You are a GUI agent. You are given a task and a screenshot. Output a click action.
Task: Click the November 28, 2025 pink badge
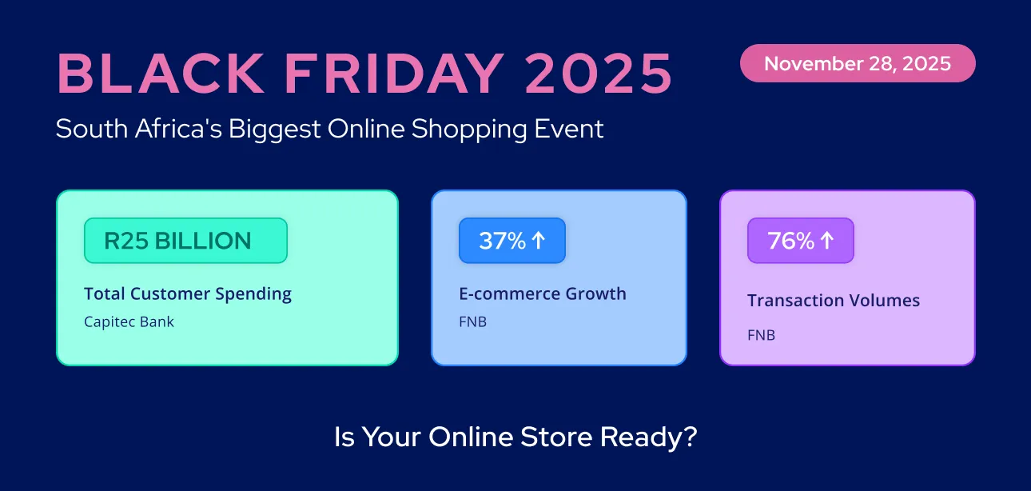858,63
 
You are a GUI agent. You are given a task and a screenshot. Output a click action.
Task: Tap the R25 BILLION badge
185,241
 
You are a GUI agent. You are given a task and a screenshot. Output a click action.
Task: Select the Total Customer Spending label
188,294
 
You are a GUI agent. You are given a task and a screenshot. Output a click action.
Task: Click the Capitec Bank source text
129,322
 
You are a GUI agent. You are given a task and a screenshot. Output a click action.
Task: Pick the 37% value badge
512,241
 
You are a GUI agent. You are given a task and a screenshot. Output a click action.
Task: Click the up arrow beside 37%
538,241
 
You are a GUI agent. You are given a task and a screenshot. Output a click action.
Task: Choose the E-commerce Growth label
542,294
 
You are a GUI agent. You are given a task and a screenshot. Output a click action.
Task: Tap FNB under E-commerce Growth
472,322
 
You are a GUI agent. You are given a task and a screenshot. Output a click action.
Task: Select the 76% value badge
800,241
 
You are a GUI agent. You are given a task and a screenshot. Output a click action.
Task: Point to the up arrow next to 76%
826,241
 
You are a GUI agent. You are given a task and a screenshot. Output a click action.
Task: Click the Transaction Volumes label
834,301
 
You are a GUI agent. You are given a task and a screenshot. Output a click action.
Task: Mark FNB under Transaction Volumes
761,335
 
